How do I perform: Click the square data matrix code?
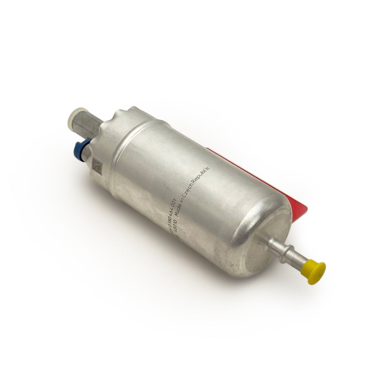pos(96,166)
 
